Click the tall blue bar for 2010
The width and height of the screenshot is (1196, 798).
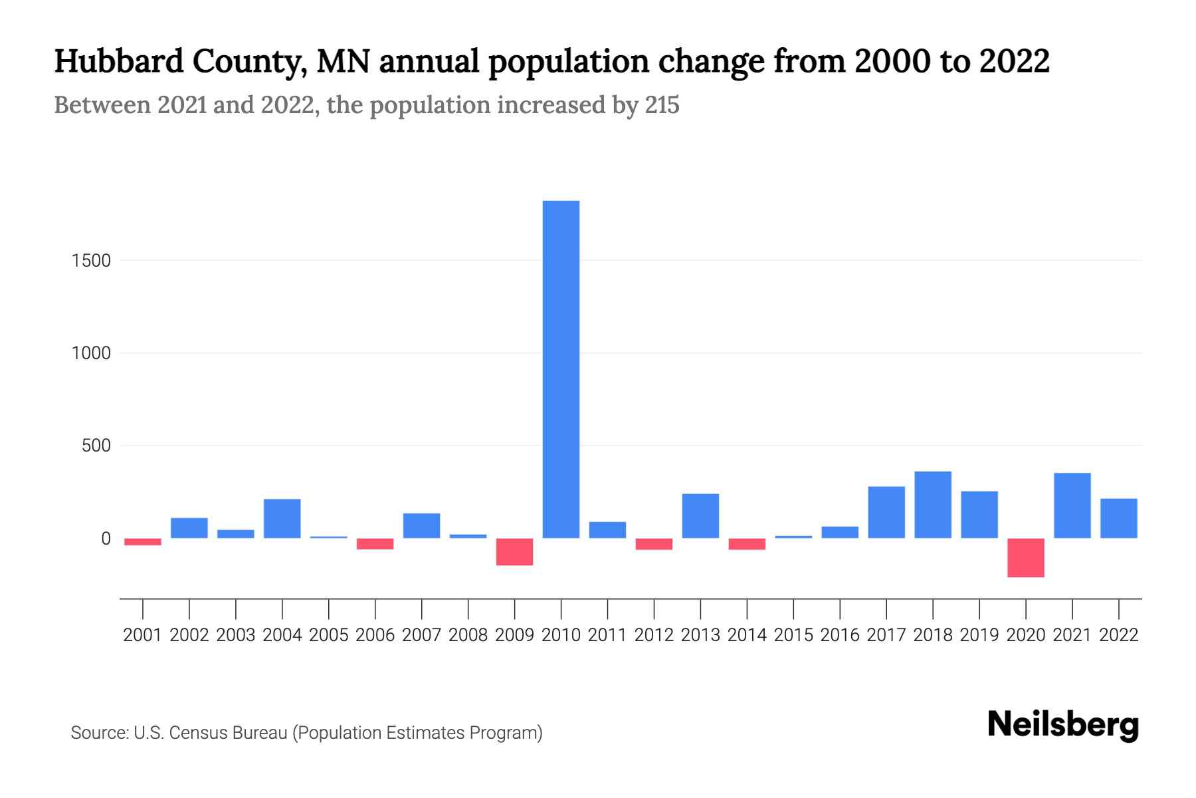pyautogui.click(x=561, y=369)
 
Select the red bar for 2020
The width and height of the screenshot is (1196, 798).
pyautogui.click(x=1025, y=557)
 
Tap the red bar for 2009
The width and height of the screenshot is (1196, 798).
pyautogui.click(x=514, y=551)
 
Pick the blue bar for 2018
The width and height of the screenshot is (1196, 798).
pyautogui.click(x=932, y=505)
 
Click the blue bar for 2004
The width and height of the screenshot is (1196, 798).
pyautogui.click(x=282, y=518)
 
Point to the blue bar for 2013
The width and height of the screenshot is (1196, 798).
pyautogui.click(x=700, y=515)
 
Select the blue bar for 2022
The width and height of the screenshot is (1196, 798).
pyautogui.click(x=1118, y=518)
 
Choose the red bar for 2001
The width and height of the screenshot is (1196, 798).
pyautogui.click(x=143, y=541)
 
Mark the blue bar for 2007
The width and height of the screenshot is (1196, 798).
pyautogui.click(x=421, y=525)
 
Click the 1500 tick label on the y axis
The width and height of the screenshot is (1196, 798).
pyautogui.click(x=91, y=261)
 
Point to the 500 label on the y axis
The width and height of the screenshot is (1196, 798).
pyautogui.click(x=96, y=446)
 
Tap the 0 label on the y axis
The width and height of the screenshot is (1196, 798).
pyautogui.click(x=106, y=539)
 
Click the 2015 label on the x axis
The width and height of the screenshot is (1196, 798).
pyautogui.click(x=793, y=635)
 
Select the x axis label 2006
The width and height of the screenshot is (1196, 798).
pyautogui.click(x=375, y=635)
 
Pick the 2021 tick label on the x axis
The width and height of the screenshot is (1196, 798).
pyautogui.click(x=1072, y=635)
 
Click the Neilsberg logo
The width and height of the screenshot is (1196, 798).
pyautogui.click(x=1063, y=725)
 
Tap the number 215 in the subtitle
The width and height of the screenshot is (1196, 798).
pyautogui.click(x=662, y=105)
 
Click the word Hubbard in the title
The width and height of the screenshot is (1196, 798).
pyautogui.click(x=119, y=61)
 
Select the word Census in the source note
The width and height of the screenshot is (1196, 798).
pyautogui.click(x=194, y=733)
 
